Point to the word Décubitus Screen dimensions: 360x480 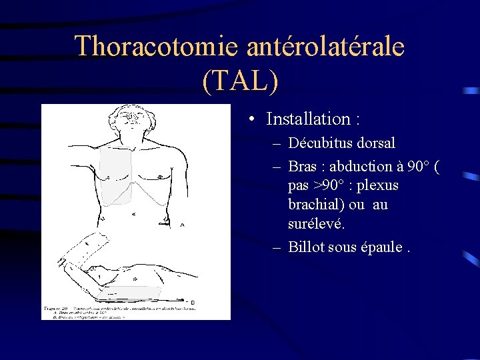(322, 143)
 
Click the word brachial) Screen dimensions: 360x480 (317, 205)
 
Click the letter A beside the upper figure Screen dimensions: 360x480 (183, 225)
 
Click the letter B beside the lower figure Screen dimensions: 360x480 (192, 303)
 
